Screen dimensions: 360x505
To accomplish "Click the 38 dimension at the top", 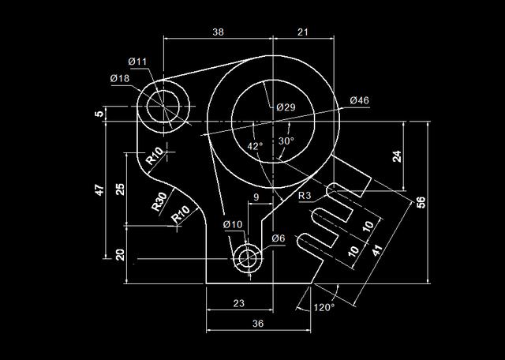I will click(219, 32).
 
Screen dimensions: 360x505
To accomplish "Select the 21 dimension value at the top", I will click(301, 32).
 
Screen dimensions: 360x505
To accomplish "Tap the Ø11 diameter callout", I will click(137, 62).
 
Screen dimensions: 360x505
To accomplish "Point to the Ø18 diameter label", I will click(120, 78).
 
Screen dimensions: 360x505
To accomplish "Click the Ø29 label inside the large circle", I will click(286, 107).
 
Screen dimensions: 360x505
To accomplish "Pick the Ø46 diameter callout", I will click(359, 100).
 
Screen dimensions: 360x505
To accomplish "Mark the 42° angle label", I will click(255, 147).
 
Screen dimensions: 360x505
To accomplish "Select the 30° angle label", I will click(286, 141).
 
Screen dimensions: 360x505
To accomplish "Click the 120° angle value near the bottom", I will click(324, 307).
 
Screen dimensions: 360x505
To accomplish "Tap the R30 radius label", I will click(159, 201).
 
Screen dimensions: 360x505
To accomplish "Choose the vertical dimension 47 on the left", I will click(99, 189).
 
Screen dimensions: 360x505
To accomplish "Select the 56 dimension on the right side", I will click(443, 202).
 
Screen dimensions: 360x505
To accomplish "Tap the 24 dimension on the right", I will click(397, 156).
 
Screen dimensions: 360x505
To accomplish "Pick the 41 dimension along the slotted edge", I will click(377, 252).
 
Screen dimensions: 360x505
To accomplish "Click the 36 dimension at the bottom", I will click(236, 324).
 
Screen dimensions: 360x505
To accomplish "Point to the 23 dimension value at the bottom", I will click(239, 302).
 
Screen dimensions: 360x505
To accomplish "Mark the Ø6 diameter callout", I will click(278, 238).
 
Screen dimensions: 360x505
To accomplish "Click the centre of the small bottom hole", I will click(249, 257).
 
